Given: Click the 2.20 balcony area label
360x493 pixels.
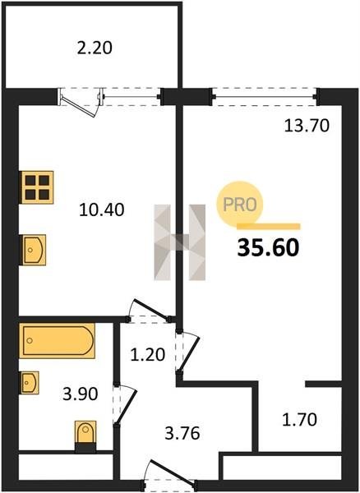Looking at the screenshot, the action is coord(95,48).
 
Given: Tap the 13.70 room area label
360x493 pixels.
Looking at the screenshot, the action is coord(307,126).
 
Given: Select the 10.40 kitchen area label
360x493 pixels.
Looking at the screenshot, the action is coord(102,210).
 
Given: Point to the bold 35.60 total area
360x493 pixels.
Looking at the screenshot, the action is coord(268,247).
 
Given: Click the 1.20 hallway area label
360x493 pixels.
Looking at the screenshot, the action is coord(147,355).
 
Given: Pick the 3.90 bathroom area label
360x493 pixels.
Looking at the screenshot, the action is coord(81,394).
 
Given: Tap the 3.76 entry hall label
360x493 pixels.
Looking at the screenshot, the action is coord(182,433).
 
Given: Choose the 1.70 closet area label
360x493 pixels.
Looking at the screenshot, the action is coord(299,420).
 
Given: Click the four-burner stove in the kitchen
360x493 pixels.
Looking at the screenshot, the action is coord(36,187).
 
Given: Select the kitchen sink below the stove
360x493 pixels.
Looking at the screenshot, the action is coord(34,250).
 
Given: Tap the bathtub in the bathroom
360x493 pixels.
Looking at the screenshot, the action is coord(58,341).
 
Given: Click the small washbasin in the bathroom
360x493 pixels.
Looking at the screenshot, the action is coord(30,383).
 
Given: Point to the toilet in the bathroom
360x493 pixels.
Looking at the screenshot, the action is coord(85,436).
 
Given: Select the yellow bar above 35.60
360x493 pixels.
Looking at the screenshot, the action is coord(269,227).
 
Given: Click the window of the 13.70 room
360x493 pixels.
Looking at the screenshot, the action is coord(265,96).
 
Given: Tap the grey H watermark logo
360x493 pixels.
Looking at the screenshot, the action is coord(179,242).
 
